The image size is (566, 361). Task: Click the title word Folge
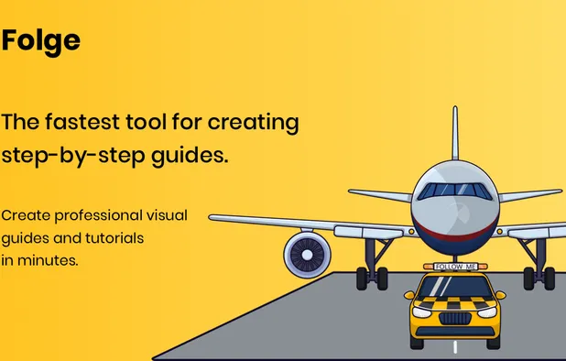[x=40, y=40]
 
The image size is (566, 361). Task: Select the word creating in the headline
[x=254, y=122]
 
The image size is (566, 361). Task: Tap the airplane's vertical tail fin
[x=455, y=137]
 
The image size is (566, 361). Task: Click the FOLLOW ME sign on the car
[x=454, y=267]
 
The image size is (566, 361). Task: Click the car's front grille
[x=455, y=318]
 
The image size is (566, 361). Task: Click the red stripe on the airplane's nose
[x=454, y=235]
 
